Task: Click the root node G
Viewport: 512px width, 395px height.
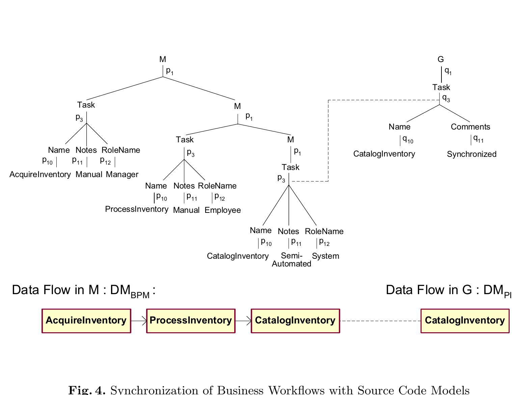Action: point(440,60)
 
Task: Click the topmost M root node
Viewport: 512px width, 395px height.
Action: point(163,60)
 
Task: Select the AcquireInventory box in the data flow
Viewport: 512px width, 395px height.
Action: point(86,321)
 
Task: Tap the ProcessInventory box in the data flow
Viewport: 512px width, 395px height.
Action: point(191,321)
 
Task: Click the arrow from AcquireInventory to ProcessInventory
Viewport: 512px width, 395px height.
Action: point(139,321)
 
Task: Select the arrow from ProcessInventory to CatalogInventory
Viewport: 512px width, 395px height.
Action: point(243,321)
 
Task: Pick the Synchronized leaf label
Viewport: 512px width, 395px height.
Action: point(471,154)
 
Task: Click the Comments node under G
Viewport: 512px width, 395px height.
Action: point(470,127)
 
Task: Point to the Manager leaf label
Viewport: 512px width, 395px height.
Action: point(122,174)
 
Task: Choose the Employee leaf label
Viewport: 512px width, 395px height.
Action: point(223,210)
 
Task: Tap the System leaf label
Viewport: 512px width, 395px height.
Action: point(325,256)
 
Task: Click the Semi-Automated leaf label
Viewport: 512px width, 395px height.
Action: point(292,260)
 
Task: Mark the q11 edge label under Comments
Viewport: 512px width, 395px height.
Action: point(478,138)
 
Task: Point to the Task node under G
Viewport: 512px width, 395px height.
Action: point(441,87)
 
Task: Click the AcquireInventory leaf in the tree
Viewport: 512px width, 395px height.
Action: point(40,174)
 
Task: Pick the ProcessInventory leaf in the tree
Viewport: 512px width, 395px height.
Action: point(137,209)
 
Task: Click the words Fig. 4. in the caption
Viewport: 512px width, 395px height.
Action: point(87,390)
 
